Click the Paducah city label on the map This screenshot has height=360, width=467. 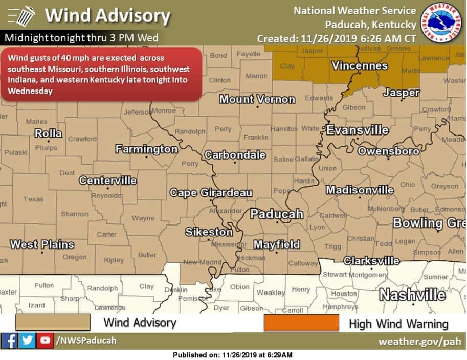277,214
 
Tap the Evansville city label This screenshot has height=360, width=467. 358,130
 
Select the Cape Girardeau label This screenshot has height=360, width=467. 211,193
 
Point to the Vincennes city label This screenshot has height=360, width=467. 360,66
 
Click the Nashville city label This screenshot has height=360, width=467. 412,295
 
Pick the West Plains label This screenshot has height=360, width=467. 42,244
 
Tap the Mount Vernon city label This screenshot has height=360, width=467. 257,99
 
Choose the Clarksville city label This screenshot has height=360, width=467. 371,261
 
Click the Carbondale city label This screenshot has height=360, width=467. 235,154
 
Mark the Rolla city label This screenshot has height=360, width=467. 48,133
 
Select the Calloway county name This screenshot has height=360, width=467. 303,263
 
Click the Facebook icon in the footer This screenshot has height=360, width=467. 9,341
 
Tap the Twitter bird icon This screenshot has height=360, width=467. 27,341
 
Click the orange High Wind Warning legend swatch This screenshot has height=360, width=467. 301,323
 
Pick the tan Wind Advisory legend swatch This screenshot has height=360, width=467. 53,323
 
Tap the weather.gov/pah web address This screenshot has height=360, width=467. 419,341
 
